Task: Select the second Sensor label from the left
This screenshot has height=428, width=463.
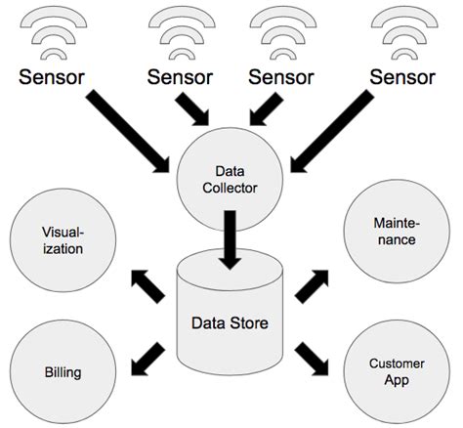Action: click(185, 76)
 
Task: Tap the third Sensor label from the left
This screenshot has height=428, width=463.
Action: click(283, 76)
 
